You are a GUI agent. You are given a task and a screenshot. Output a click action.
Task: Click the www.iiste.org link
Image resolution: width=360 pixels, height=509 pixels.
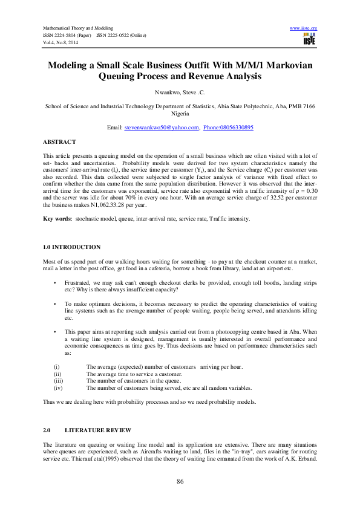(x=304, y=28)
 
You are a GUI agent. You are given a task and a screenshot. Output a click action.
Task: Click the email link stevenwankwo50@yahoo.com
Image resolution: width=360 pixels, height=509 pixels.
(x=162, y=128)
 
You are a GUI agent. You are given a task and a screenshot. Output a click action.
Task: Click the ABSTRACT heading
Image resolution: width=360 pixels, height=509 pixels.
(x=59, y=141)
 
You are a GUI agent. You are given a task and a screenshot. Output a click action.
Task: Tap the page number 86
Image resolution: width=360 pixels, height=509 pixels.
(x=180, y=481)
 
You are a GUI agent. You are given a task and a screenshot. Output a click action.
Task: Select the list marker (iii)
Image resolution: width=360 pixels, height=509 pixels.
(x=59, y=381)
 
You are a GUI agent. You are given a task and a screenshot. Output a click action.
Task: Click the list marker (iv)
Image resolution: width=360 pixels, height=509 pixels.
(x=59, y=388)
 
